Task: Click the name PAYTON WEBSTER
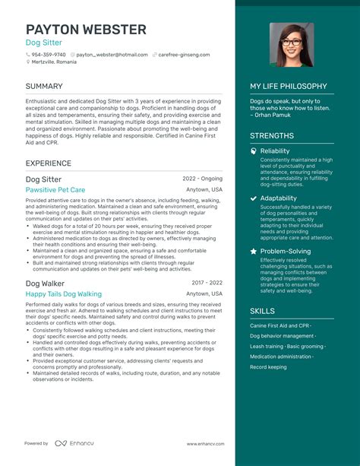[86, 30]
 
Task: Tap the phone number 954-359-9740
[49, 55]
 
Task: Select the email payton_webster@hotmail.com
[112, 55]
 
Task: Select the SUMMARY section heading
[44, 87]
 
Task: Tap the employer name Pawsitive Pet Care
[55, 189]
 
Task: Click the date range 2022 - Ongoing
[203, 179]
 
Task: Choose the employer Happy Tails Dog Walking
[63, 293]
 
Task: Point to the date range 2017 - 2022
[207, 283]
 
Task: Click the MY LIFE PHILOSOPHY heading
[289, 87]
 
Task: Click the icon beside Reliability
[253, 151]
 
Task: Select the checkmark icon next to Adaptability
[253, 198]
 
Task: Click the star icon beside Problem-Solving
[253, 251]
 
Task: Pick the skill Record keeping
[268, 367]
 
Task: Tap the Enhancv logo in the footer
[73, 443]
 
